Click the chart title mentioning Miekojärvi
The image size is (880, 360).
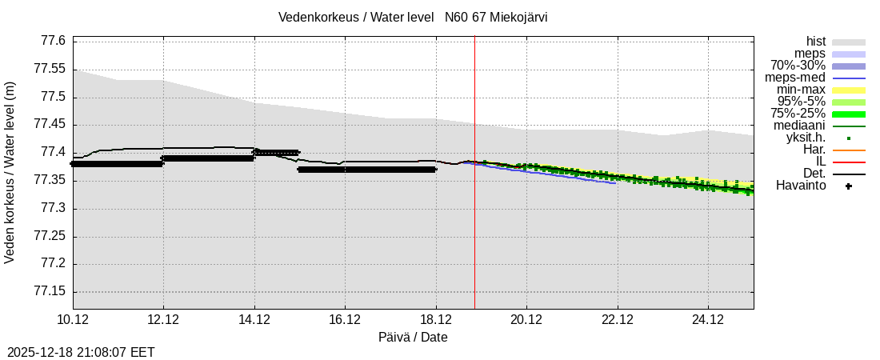pos(413,18)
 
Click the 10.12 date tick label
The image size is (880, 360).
pos(73,320)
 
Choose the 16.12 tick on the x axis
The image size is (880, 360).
pos(345,320)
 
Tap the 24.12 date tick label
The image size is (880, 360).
pos(708,320)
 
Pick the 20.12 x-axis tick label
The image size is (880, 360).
pos(526,320)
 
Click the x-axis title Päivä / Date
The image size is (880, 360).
pos(413,338)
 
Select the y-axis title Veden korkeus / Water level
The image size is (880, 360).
pos(10,172)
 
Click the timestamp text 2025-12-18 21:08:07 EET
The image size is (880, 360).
pos(81,352)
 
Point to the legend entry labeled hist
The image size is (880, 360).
pos(815,42)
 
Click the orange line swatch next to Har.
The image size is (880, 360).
pos(848,150)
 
